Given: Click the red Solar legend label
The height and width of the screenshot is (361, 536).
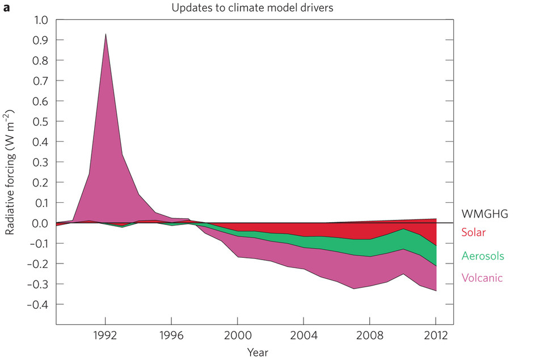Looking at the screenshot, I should [474, 232].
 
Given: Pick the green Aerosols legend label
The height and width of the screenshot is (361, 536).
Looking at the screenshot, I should [483, 256].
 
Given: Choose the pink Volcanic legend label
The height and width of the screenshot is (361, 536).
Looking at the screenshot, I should [482, 278].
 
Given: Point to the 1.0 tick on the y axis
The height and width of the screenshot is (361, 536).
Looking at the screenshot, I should [41, 20].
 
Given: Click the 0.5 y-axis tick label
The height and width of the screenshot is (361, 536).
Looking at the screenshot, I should [41, 121].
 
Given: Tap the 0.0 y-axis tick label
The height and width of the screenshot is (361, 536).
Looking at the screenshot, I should [41, 223].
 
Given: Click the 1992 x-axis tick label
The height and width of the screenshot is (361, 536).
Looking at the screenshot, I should [105, 334].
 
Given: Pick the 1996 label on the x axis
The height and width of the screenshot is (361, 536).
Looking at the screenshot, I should [172, 334].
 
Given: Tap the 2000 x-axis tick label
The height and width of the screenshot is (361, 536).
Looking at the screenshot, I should [238, 334].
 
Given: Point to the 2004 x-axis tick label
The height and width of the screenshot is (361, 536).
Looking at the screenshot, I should [304, 334].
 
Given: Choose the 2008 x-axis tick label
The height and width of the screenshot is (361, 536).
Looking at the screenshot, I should [370, 334].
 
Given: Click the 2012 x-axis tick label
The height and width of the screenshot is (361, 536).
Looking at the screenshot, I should [436, 334].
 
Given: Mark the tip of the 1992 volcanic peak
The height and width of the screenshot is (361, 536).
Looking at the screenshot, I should [105, 34].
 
